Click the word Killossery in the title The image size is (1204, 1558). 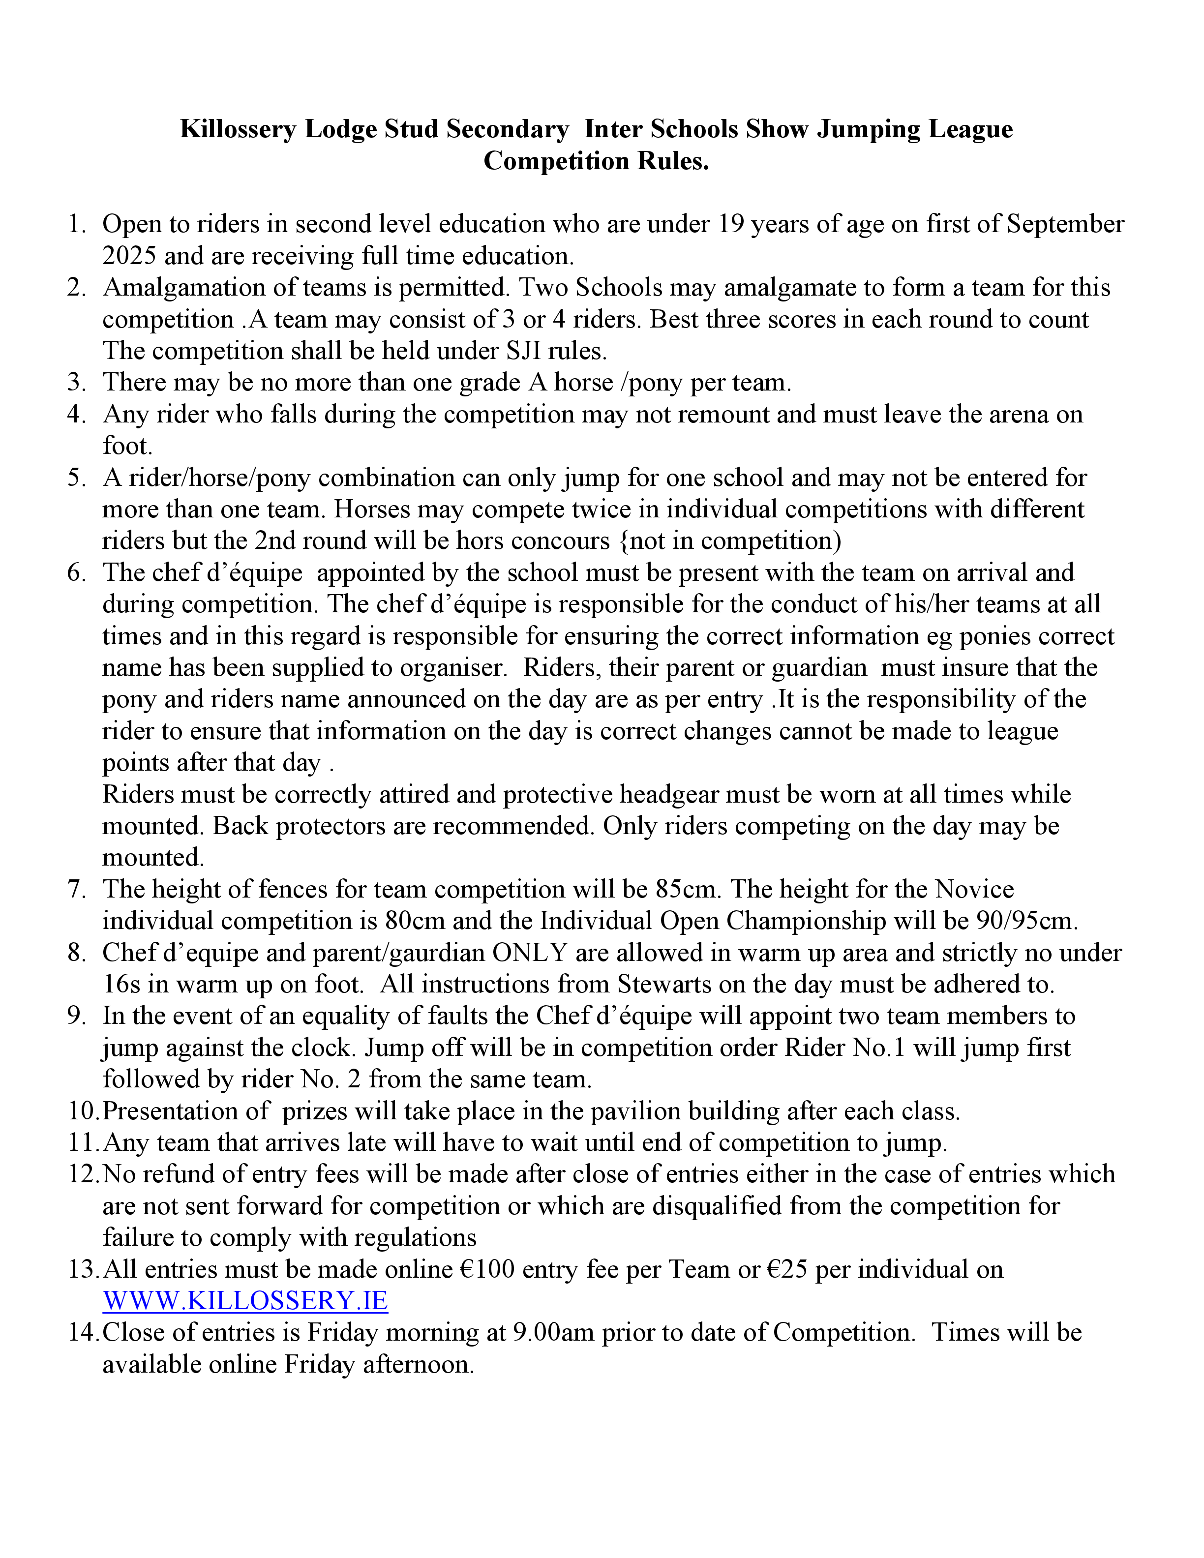click(238, 129)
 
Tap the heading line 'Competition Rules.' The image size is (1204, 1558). click(596, 161)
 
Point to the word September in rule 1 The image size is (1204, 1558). click(1065, 224)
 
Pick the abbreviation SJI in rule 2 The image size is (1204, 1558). click(524, 351)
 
